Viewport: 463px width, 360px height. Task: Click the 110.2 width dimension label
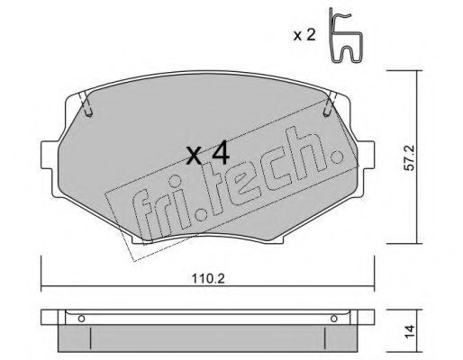pyautogui.click(x=208, y=279)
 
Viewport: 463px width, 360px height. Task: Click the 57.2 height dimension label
pyautogui.click(x=409, y=157)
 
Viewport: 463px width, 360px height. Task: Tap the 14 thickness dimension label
pyautogui.click(x=410, y=331)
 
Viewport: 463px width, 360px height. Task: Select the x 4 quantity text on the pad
pyautogui.click(x=207, y=155)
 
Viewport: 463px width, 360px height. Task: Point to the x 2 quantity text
pyautogui.click(x=304, y=35)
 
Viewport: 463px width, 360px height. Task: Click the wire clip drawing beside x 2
pyautogui.click(x=345, y=36)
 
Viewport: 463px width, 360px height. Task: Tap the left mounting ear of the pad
pyautogui.click(x=49, y=155)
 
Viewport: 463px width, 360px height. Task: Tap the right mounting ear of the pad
pyautogui.click(x=367, y=155)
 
